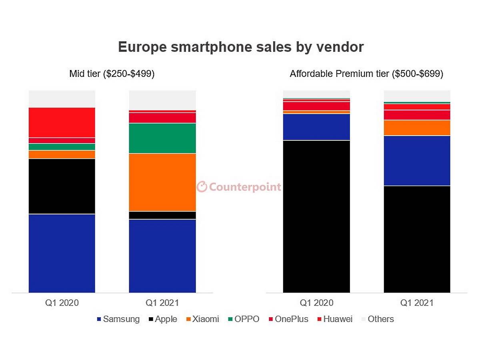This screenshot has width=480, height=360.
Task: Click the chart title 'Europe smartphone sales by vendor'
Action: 241,47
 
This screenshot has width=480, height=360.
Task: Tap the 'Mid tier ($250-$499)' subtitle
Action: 112,74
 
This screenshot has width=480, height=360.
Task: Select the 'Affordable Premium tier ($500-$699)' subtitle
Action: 366,74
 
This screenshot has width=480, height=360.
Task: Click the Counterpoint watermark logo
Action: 239,187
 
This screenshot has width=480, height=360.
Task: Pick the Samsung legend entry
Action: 118,319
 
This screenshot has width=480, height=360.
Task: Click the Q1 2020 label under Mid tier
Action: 62,303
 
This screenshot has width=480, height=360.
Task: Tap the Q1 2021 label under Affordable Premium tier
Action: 417,303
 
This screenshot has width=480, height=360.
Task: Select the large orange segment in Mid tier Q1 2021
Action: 162,182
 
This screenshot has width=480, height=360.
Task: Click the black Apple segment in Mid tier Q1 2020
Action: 62,186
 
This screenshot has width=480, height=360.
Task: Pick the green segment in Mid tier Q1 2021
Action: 162,138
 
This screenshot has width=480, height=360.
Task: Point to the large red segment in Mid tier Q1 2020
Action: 62,122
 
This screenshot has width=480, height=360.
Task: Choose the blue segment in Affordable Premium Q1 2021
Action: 417,161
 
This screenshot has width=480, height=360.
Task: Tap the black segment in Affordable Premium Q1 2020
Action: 316,216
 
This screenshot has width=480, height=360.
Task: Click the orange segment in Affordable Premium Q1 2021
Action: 417,128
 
